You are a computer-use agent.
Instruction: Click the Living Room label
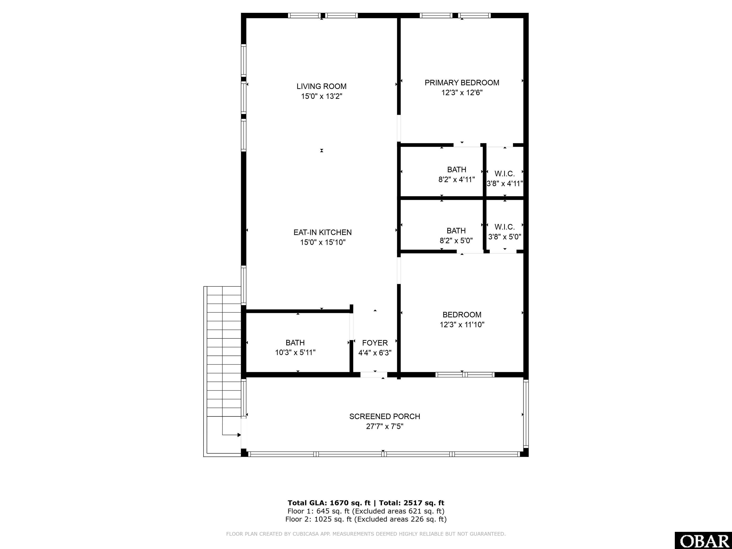pos(321,86)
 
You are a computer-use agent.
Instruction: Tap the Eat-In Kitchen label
pos(322,232)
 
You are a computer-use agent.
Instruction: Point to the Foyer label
pos(375,343)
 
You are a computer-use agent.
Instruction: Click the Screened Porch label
pos(385,416)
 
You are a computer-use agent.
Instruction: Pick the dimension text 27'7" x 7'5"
pos(385,427)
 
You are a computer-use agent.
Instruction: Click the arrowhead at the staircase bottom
pos(239,435)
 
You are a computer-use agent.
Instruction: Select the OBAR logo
pos(703,540)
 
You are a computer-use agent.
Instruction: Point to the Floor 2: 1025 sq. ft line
pos(366,519)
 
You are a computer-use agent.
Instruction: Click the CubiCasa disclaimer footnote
pos(366,534)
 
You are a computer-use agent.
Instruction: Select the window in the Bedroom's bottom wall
pos(465,375)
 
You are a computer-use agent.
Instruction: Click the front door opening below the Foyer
pos(374,375)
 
